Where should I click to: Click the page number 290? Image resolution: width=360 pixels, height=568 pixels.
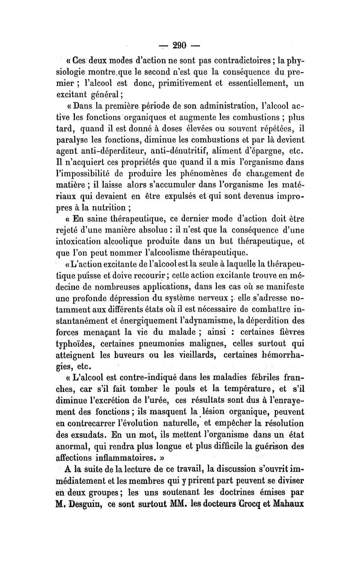pos(180,45)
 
